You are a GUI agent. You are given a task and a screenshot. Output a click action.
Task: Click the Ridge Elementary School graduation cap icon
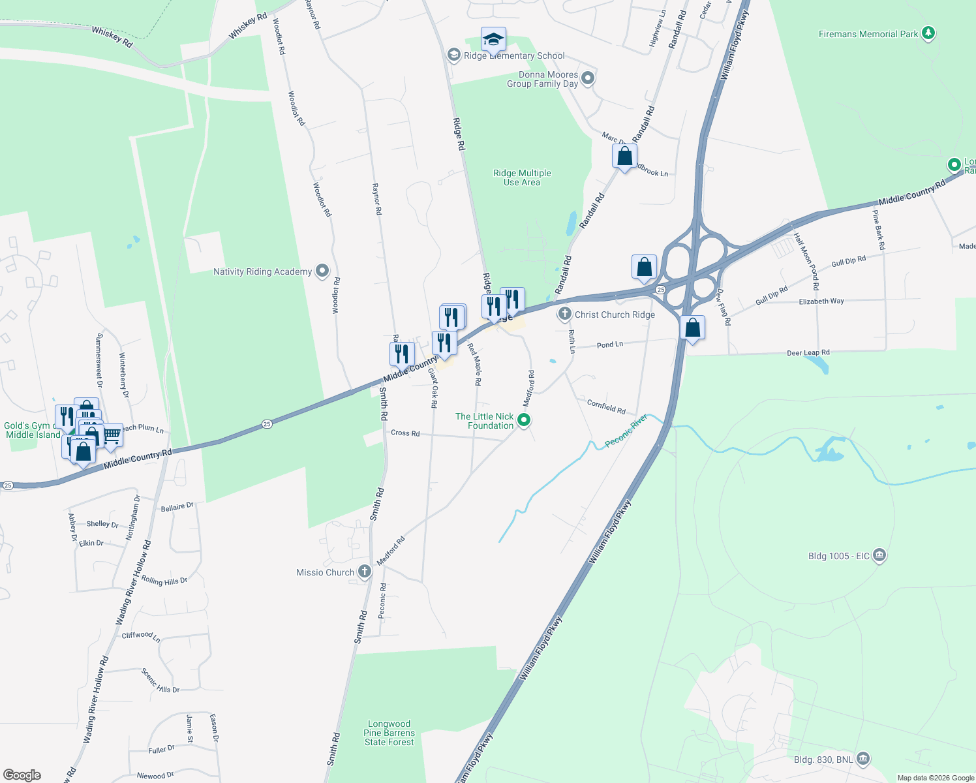tap(493, 40)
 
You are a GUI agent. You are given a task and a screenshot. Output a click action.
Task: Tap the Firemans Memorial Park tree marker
tap(928, 33)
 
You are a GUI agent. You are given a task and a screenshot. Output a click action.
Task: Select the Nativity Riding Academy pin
tap(322, 271)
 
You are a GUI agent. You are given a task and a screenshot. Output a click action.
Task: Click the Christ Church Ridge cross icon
tap(564, 314)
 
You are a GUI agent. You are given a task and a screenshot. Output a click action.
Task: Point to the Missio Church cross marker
tap(365, 572)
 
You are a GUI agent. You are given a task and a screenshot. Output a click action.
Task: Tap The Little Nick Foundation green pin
tap(524, 420)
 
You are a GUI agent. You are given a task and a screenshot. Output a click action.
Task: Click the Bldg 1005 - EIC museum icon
tap(879, 555)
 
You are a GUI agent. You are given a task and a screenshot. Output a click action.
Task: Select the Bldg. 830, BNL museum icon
tap(863, 758)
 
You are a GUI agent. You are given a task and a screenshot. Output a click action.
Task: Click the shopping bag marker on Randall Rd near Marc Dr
tap(624, 157)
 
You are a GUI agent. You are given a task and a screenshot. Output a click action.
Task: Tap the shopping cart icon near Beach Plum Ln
tap(112, 435)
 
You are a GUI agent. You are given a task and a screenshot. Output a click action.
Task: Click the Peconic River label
tap(626, 431)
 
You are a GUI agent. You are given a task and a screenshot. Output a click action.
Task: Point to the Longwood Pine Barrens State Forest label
tap(389, 733)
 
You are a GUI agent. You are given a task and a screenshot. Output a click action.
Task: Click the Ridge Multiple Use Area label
tap(522, 177)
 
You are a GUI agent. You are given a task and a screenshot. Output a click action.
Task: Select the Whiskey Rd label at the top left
tap(112, 37)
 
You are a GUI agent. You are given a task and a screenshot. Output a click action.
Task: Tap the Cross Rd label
tap(405, 433)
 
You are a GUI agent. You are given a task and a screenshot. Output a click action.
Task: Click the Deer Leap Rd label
tap(808, 353)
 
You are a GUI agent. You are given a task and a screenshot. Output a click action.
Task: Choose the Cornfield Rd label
tap(606, 407)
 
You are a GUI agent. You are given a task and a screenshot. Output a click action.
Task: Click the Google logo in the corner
tap(22, 775)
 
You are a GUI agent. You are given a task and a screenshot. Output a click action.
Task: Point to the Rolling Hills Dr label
tap(164, 581)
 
